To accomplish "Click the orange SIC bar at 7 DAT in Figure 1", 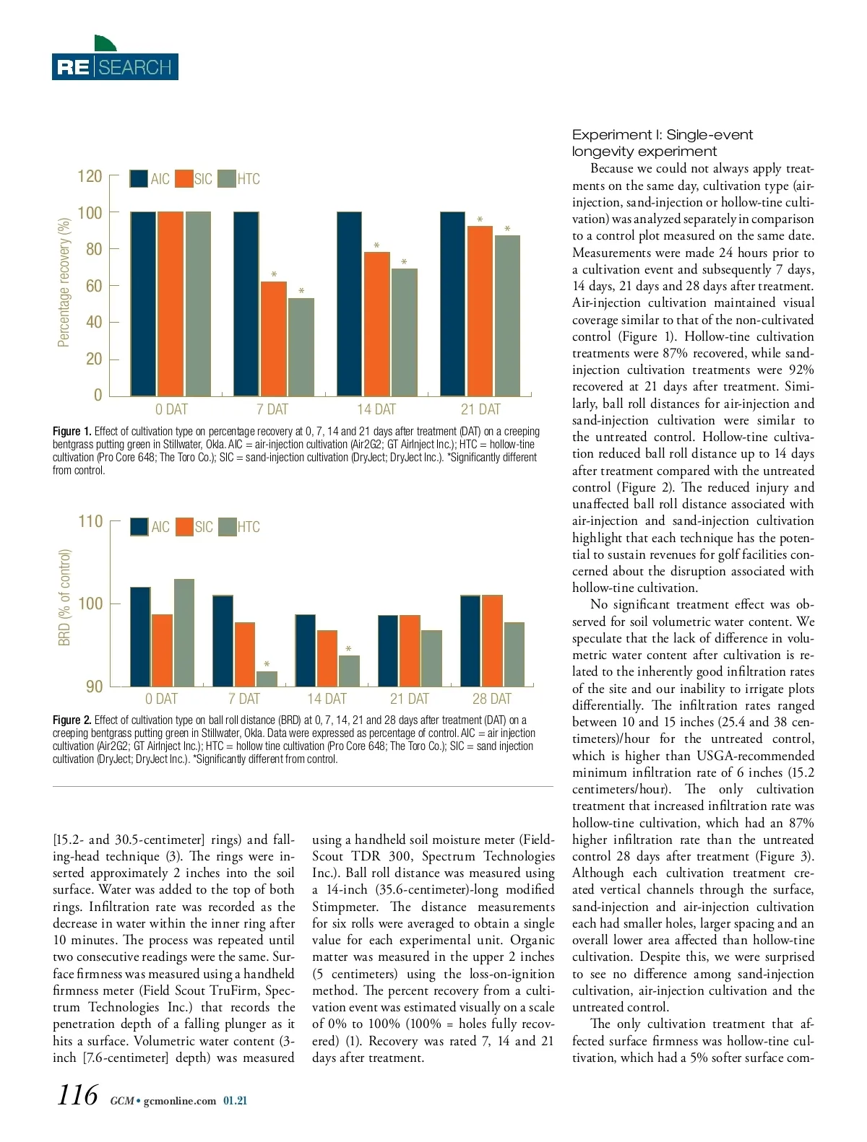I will [x=273, y=338].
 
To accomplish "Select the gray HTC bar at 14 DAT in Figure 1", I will [x=404, y=332].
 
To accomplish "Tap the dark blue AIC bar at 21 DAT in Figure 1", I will [x=453, y=303].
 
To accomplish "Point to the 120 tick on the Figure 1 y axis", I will [x=90, y=177].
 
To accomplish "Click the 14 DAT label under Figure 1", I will [x=376, y=409].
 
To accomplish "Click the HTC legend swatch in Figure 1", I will [x=227, y=178].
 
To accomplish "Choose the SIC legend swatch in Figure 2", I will [x=184, y=527].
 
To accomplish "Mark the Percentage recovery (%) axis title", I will [x=64, y=282].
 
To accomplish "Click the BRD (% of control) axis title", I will [x=65, y=598].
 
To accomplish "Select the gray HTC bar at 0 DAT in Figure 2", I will [x=184, y=632].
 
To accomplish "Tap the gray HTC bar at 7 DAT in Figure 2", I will [x=267, y=679].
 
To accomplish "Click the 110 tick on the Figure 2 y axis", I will [x=91, y=521].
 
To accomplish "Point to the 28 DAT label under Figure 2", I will [x=491, y=699].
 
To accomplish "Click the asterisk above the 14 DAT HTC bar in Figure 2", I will [x=349, y=650].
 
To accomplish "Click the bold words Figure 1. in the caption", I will [x=72, y=432].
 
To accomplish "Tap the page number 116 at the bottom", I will [x=77, y=1095].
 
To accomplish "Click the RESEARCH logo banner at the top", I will [x=115, y=66].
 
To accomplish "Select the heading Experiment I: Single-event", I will [x=663, y=135].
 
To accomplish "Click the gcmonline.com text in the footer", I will [x=180, y=1101].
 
